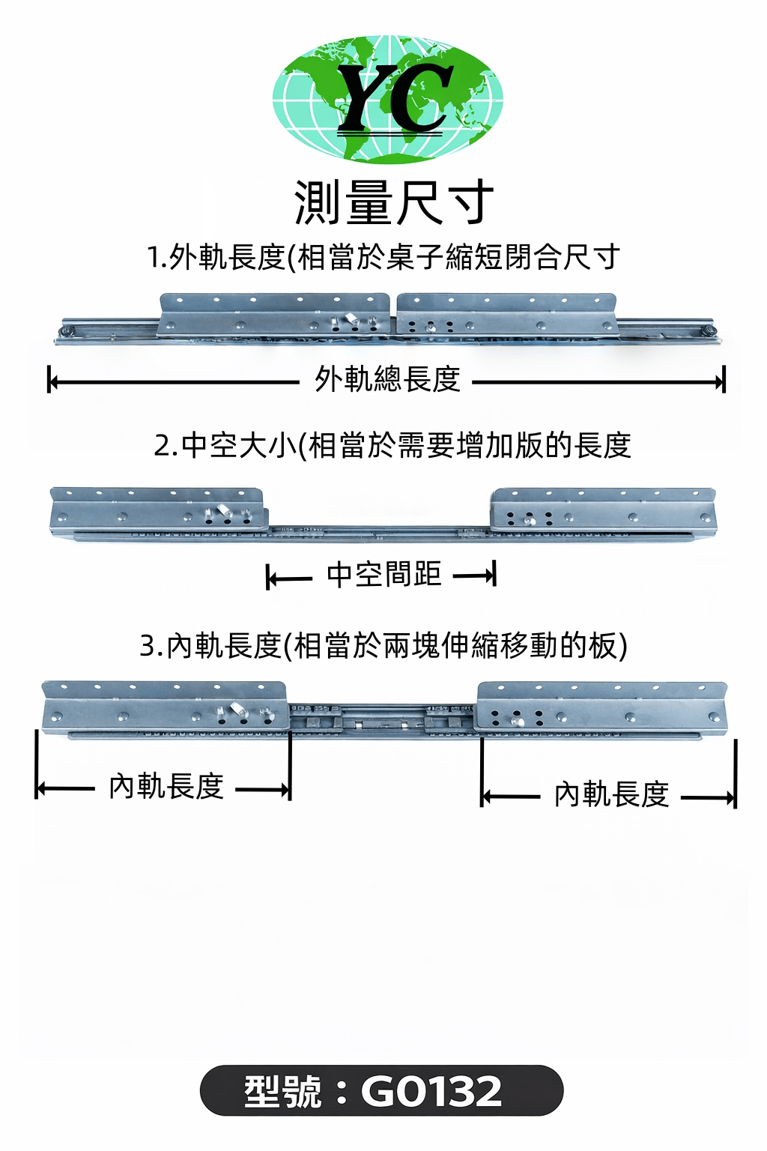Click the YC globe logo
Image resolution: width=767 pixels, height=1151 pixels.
tap(387, 99)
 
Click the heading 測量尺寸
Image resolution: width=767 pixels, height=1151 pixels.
tap(393, 202)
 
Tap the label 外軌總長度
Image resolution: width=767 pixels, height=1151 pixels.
tap(387, 379)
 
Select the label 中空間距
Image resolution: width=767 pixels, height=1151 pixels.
tap(383, 575)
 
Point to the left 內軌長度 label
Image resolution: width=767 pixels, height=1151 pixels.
tap(166, 786)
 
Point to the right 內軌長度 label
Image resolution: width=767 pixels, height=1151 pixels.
tap(611, 794)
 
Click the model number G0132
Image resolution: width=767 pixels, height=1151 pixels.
tap(431, 1091)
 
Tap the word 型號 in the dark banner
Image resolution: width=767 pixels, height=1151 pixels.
tap(282, 1091)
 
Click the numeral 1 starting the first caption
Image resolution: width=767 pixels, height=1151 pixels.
tap(154, 258)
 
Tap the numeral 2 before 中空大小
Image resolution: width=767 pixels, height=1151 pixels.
tap(161, 447)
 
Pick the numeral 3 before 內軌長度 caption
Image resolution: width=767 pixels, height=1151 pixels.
tap(148, 646)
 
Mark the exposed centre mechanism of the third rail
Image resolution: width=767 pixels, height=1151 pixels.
tap(382, 722)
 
